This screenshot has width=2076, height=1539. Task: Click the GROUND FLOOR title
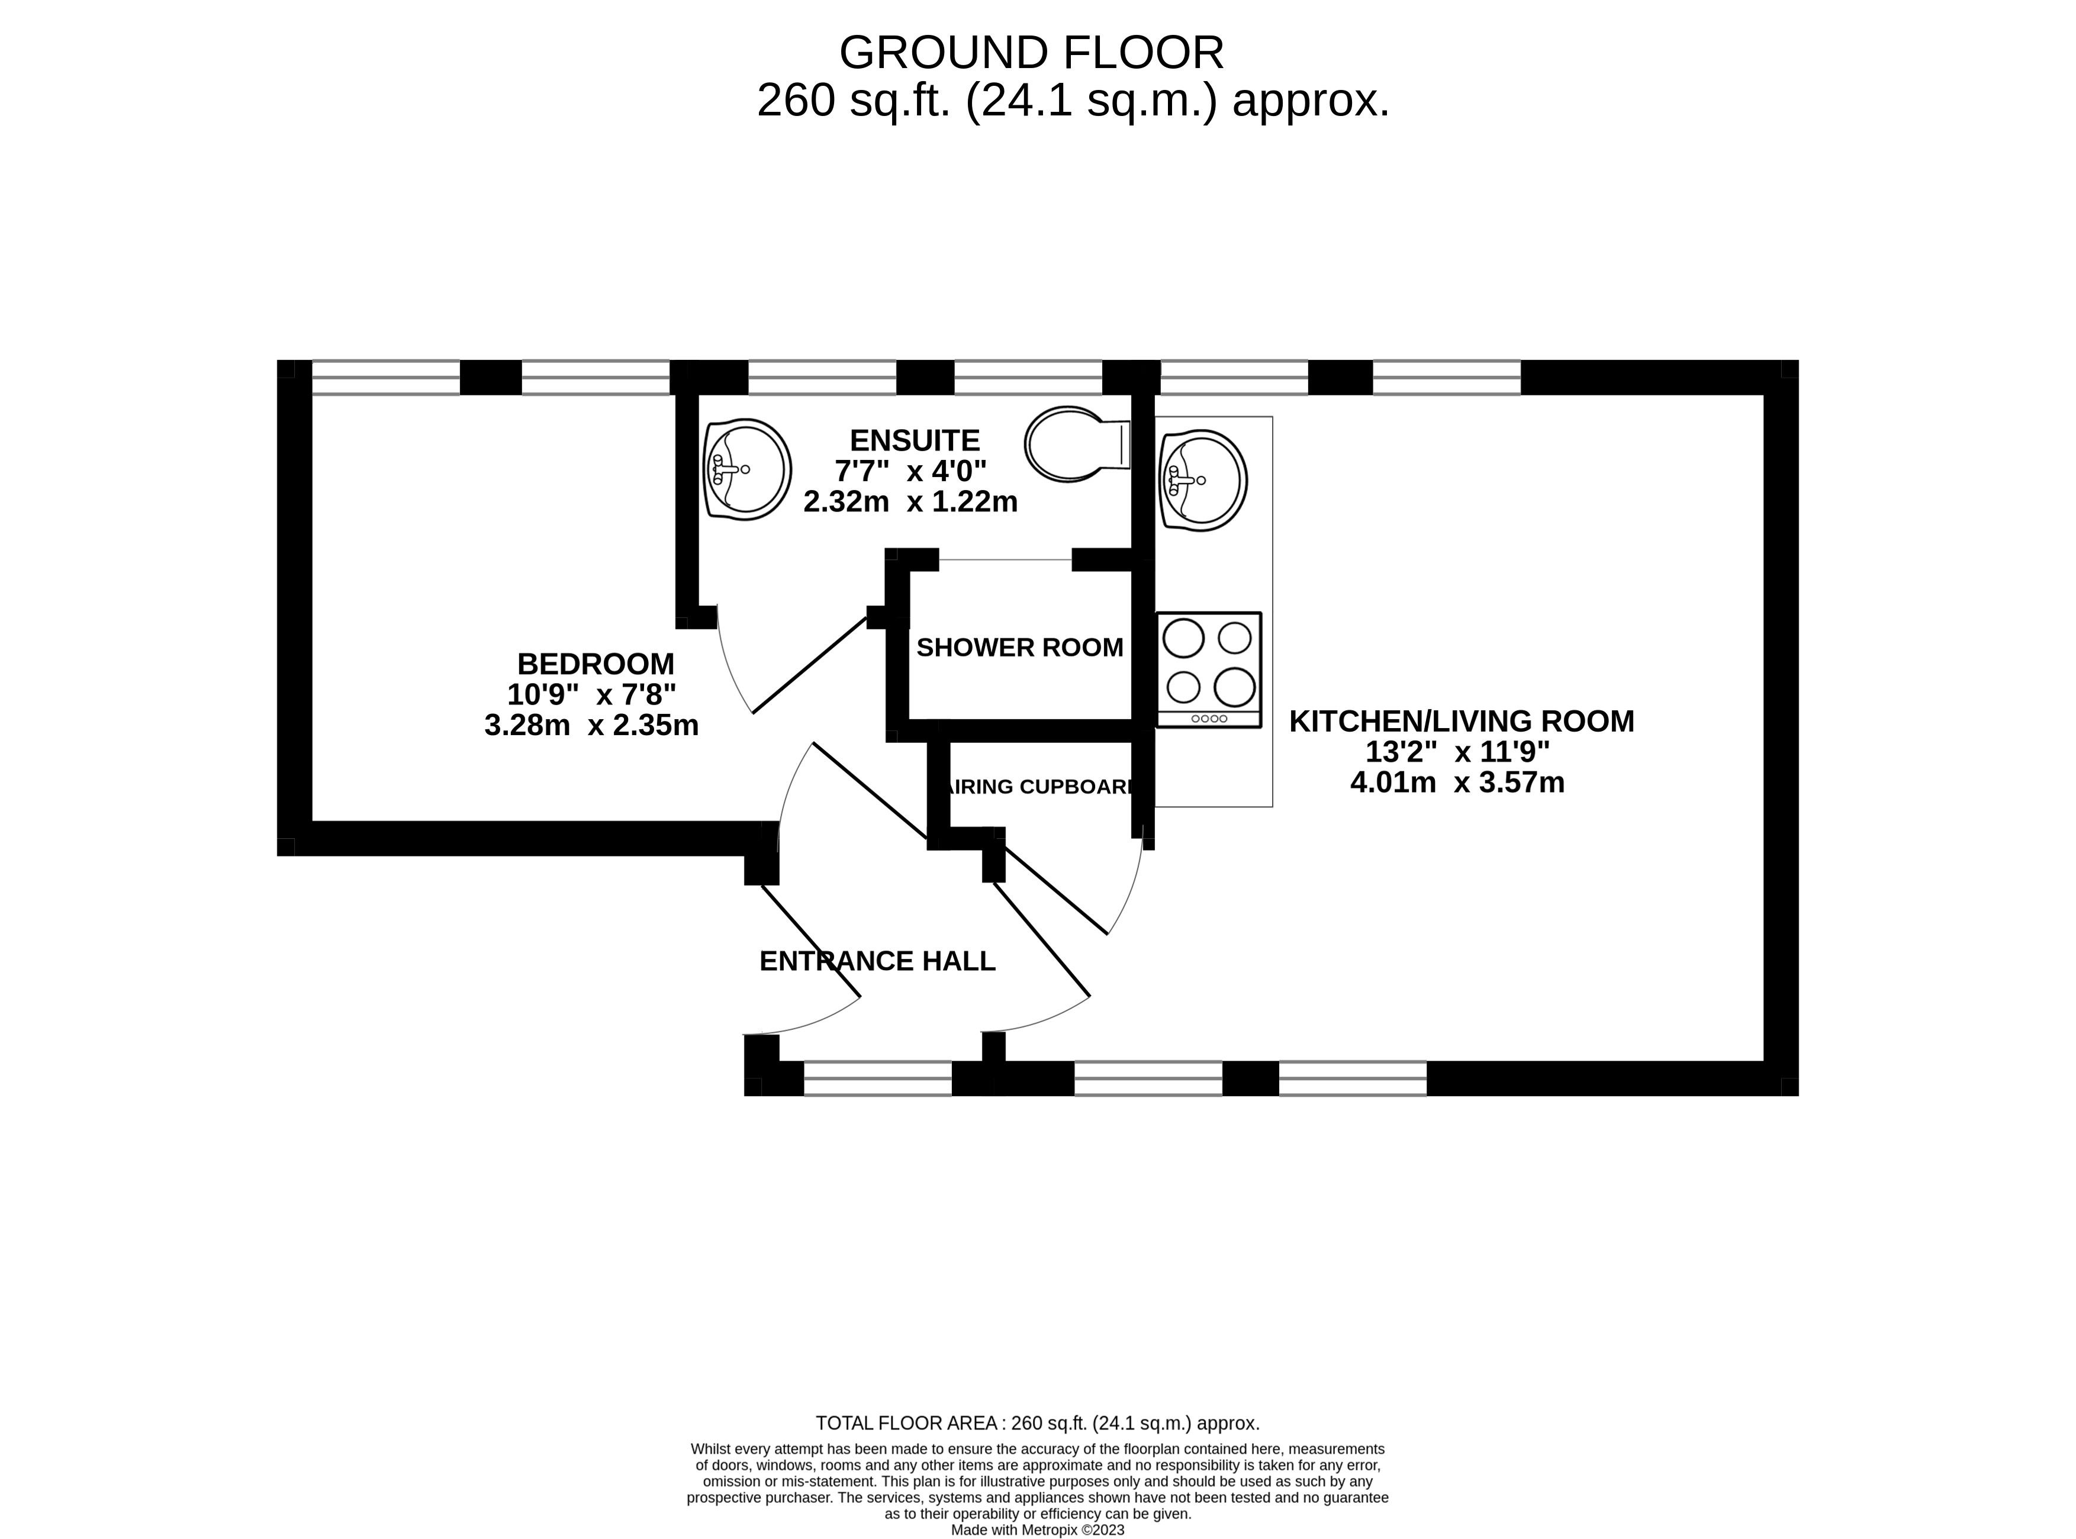click(x=1031, y=53)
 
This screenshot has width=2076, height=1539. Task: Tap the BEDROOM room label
click(x=596, y=664)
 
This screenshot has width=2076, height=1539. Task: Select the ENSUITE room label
click(x=915, y=440)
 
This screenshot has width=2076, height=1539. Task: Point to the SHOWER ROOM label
click(x=1019, y=648)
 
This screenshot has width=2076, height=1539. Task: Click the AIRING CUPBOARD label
click(x=1041, y=786)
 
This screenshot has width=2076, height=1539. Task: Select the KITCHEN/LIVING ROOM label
click(x=1461, y=721)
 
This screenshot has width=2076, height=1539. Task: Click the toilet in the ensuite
click(x=1077, y=445)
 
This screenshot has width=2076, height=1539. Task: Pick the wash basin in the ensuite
click(x=747, y=469)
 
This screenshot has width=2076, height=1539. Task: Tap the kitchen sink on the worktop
click(x=1203, y=481)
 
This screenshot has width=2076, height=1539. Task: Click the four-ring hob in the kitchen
click(x=1209, y=670)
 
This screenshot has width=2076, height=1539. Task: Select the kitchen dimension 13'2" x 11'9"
click(x=1457, y=752)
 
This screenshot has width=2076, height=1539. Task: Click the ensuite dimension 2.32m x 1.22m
click(x=910, y=502)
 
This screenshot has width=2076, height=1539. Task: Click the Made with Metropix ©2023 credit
click(x=1037, y=1530)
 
